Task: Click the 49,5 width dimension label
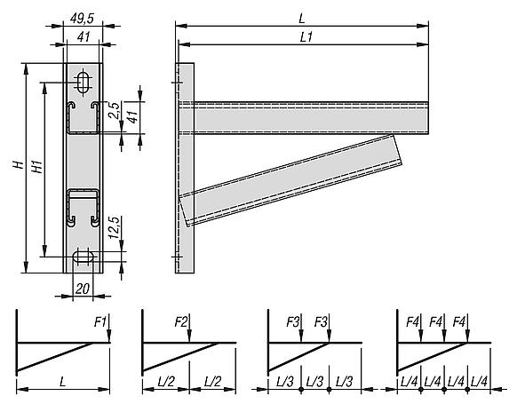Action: pyautogui.click(x=82, y=19)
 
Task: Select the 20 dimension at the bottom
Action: pyautogui.click(x=83, y=289)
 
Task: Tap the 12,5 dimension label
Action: pyautogui.click(x=114, y=227)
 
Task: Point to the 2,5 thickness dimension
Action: pyautogui.click(x=114, y=111)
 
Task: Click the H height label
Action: pyautogui.click(x=19, y=164)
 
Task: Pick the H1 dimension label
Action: pyautogui.click(x=37, y=167)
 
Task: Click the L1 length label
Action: pyautogui.click(x=306, y=37)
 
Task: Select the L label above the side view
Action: pyautogui.click(x=302, y=19)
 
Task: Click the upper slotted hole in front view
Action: pyautogui.click(x=83, y=82)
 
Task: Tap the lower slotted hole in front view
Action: pyautogui.click(x=83, y=257)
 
